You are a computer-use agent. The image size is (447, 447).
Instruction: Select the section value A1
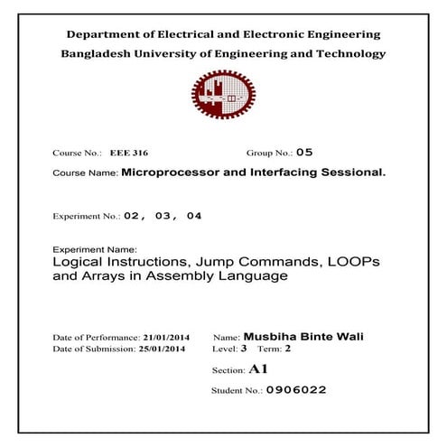pos(258,369)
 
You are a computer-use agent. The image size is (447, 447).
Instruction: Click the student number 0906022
pos(296,390)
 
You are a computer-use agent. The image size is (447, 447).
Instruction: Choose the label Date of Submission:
pos(90,349)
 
